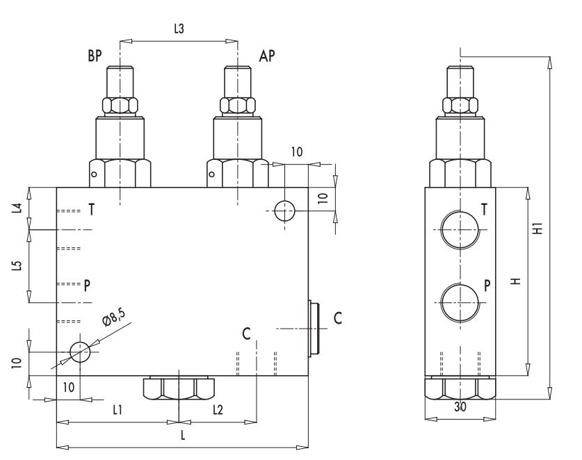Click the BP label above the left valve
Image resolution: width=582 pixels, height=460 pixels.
pyautogui.click(x=95, y=57)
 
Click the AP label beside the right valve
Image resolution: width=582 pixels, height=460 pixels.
pyautogui.click(x=266, y=57)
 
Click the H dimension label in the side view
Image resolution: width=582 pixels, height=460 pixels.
pyautogui.click(x=515, y=281)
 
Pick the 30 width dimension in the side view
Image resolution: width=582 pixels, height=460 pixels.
pyautogui.click(x=460, y=409)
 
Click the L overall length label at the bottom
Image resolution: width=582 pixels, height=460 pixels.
pyautogui.click(x=182, y=435)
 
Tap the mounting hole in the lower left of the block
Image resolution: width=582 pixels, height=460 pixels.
pyautogui.click(x=80, y=353)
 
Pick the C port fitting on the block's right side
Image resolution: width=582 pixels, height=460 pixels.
pyautogui.click(x=313, y=328)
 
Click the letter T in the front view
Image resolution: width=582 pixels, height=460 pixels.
pyautogui.click(x=91, y=211)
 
